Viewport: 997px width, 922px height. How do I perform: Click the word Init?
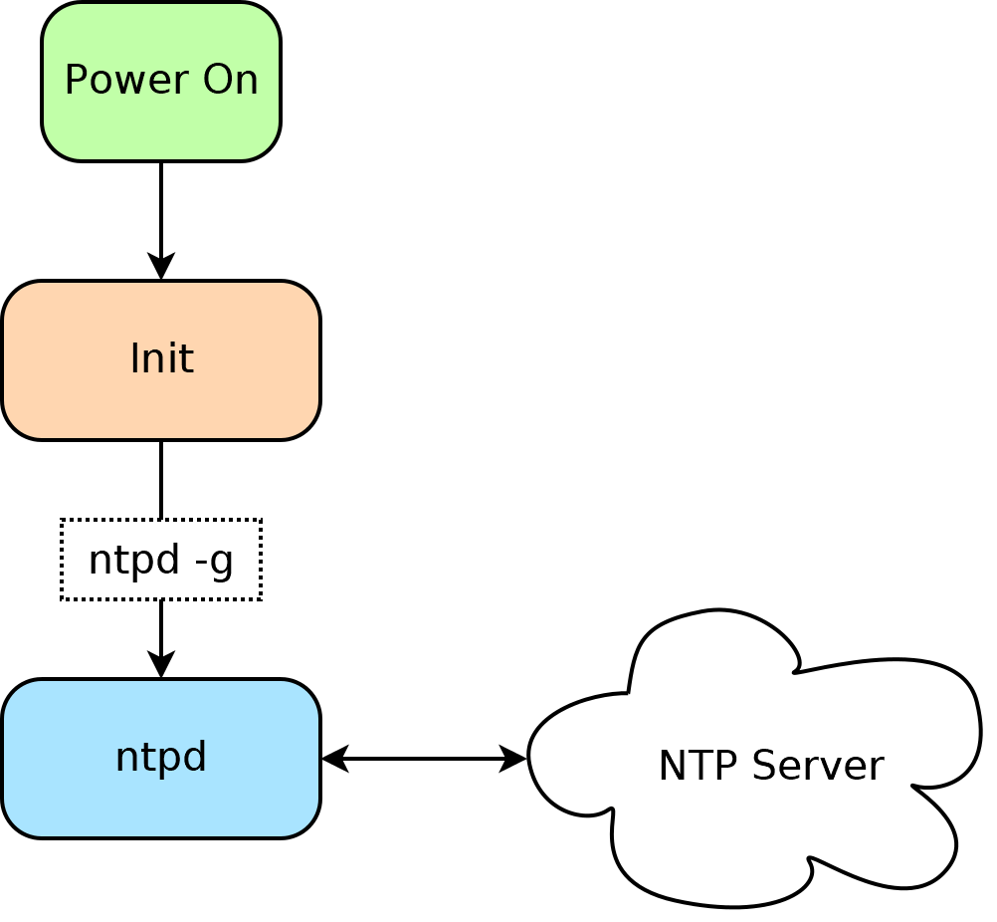click(x=161, y=358)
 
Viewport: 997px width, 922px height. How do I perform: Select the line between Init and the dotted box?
click(x=161, y=479)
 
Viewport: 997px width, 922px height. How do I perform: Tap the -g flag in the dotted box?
click(x=214, y=560)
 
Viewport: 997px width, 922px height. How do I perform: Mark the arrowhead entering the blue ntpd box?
click(x=161, y=665)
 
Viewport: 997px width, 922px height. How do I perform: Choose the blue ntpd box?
click(x=160, y=802)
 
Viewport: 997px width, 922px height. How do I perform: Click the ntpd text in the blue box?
click(x=160, y=757)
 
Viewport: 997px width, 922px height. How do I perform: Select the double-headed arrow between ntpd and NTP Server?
click(x=423, y=759)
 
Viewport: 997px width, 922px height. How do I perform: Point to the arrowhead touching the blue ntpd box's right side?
click(x=334, y=759)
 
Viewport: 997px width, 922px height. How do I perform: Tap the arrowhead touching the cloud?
click(x=513, y=759)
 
